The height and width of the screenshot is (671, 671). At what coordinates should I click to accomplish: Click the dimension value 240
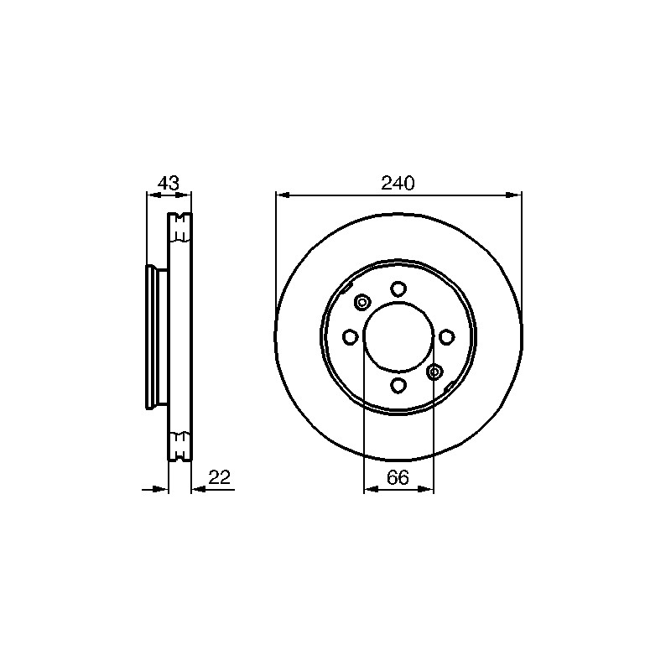pos(398,183)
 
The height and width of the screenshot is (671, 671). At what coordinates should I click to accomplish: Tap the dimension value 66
pos(398,476)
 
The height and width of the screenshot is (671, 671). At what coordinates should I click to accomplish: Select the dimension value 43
pos(169,183)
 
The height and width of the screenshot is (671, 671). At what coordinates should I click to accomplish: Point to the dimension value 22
pos(220,476)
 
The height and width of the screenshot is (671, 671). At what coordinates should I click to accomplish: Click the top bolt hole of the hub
pos(398,289)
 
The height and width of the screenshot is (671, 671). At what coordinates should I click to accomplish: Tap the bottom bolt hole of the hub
pos(398,385)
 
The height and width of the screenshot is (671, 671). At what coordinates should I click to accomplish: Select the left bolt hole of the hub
pos(351,337)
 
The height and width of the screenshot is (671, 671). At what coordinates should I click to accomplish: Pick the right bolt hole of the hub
pos(446,337)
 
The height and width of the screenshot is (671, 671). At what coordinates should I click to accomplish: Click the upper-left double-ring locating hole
pos(362,303)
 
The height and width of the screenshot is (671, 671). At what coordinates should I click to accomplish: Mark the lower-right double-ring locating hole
pos(434,372)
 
